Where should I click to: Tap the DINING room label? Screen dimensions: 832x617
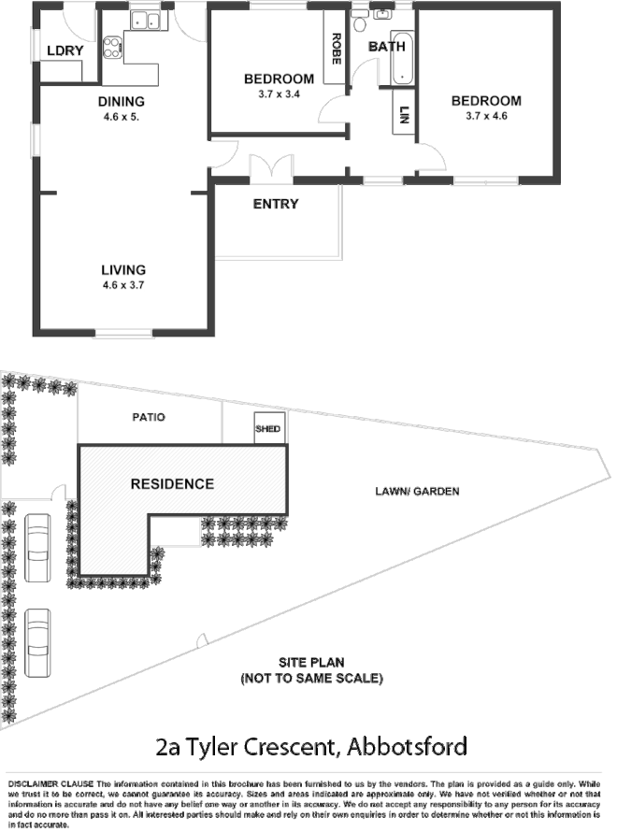[122, 102]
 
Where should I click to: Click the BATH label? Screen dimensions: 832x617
[386, 47]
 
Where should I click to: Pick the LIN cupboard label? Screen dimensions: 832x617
[404, 116]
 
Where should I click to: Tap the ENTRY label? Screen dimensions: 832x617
[276, 204]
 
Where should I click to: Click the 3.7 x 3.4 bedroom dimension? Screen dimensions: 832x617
[279, 94]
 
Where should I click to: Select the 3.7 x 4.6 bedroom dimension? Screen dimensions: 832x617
[485, 117]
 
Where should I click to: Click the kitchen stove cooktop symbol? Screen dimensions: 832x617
[113, 47]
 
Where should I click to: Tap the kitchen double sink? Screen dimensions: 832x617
[145, 20]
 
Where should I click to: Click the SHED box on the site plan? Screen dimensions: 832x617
[267, 429]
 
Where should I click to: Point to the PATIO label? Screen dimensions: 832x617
[149, 417]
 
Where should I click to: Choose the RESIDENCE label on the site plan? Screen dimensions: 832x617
[172, 483]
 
